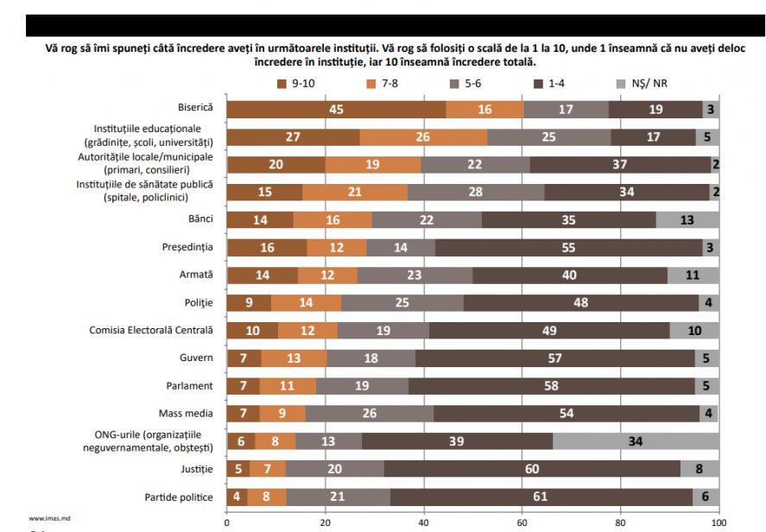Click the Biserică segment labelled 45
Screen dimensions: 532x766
(x=337, y=110)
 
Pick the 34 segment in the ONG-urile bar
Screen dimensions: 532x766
(x=636, y=441)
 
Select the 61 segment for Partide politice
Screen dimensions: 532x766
(x=541, y=497)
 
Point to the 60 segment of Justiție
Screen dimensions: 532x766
(x=533, y=469)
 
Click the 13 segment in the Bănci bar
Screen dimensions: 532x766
(x=687, y=220)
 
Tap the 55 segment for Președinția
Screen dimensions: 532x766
(x=569, y=248)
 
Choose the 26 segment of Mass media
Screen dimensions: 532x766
(x=370, y=414)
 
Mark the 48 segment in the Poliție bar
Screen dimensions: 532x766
(x=581, y=303)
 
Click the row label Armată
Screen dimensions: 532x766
(x=198, y=275)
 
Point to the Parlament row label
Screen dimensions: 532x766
(x=191, y=386)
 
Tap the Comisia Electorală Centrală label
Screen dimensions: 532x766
(x=151, y=331)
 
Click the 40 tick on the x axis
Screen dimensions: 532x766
(x=423, y=522)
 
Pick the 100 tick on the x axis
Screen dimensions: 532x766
(x=718, y=522)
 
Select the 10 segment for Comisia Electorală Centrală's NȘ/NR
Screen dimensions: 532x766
(x=694, y=331)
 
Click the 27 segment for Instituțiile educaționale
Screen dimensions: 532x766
(x=294, y=137)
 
